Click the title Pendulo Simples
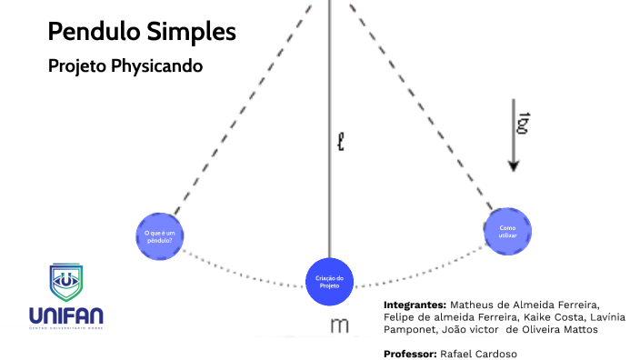tap(142, 32)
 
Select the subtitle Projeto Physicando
tap(125, 66)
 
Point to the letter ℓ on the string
tap(341, 142)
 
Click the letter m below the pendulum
tap(339, 326)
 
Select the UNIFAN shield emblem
tap(65, 283)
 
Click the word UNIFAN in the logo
tap(65, 315)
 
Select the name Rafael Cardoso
tap(479, 353)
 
